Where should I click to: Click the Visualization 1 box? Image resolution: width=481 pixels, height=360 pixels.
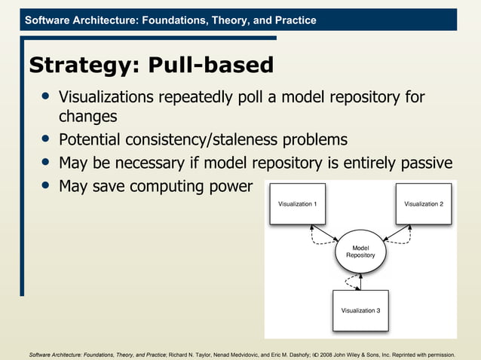(x=298, y=204)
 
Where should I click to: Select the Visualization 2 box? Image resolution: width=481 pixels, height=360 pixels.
(x=424, y=204)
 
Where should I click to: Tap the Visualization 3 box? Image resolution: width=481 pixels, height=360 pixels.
(x=360, y=310)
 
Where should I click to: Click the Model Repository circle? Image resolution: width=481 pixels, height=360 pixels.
(x=360, y=252)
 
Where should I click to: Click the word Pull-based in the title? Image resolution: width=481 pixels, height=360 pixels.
(x=210, y=66)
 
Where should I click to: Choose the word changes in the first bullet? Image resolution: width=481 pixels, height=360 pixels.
(x=87, y=117)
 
